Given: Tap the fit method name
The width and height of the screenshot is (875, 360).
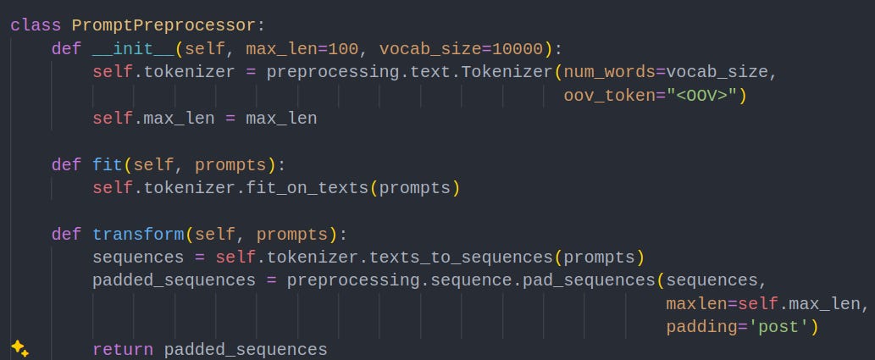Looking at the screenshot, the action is point(108,164).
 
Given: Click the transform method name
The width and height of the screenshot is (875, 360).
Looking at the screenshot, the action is point(138,234).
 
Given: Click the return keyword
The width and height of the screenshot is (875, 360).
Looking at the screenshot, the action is point(123,349).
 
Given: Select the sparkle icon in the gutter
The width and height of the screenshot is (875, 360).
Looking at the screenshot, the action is point(19,348).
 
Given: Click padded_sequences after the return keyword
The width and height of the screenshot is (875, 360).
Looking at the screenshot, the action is point(246,349).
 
